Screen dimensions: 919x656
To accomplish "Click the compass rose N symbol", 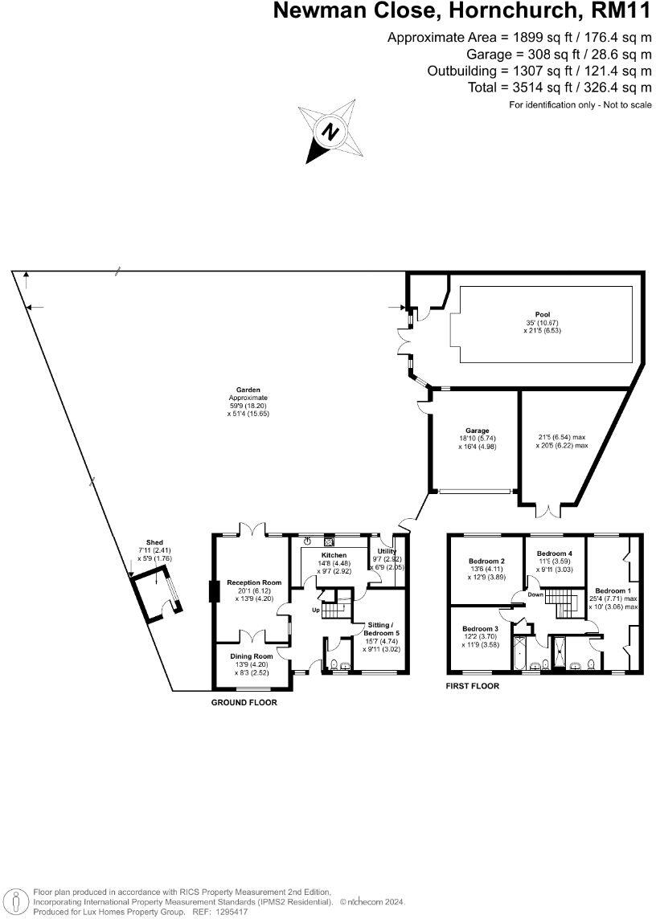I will [x=329, y=130].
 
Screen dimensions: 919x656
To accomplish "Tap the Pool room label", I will [x=543, y=314].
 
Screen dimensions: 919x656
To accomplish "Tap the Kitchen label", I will [x=334, y=555].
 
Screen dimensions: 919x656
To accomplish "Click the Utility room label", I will [x=387, y=551].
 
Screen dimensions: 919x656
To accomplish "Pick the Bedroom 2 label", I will [x=486, y=561].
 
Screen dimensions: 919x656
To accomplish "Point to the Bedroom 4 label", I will [x=554, y=553].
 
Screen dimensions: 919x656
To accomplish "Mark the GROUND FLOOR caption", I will [x=244, y=702].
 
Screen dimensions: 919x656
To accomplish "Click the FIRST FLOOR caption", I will [x=473, y=686].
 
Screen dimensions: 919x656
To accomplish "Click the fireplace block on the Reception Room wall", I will [x=213, y=591].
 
